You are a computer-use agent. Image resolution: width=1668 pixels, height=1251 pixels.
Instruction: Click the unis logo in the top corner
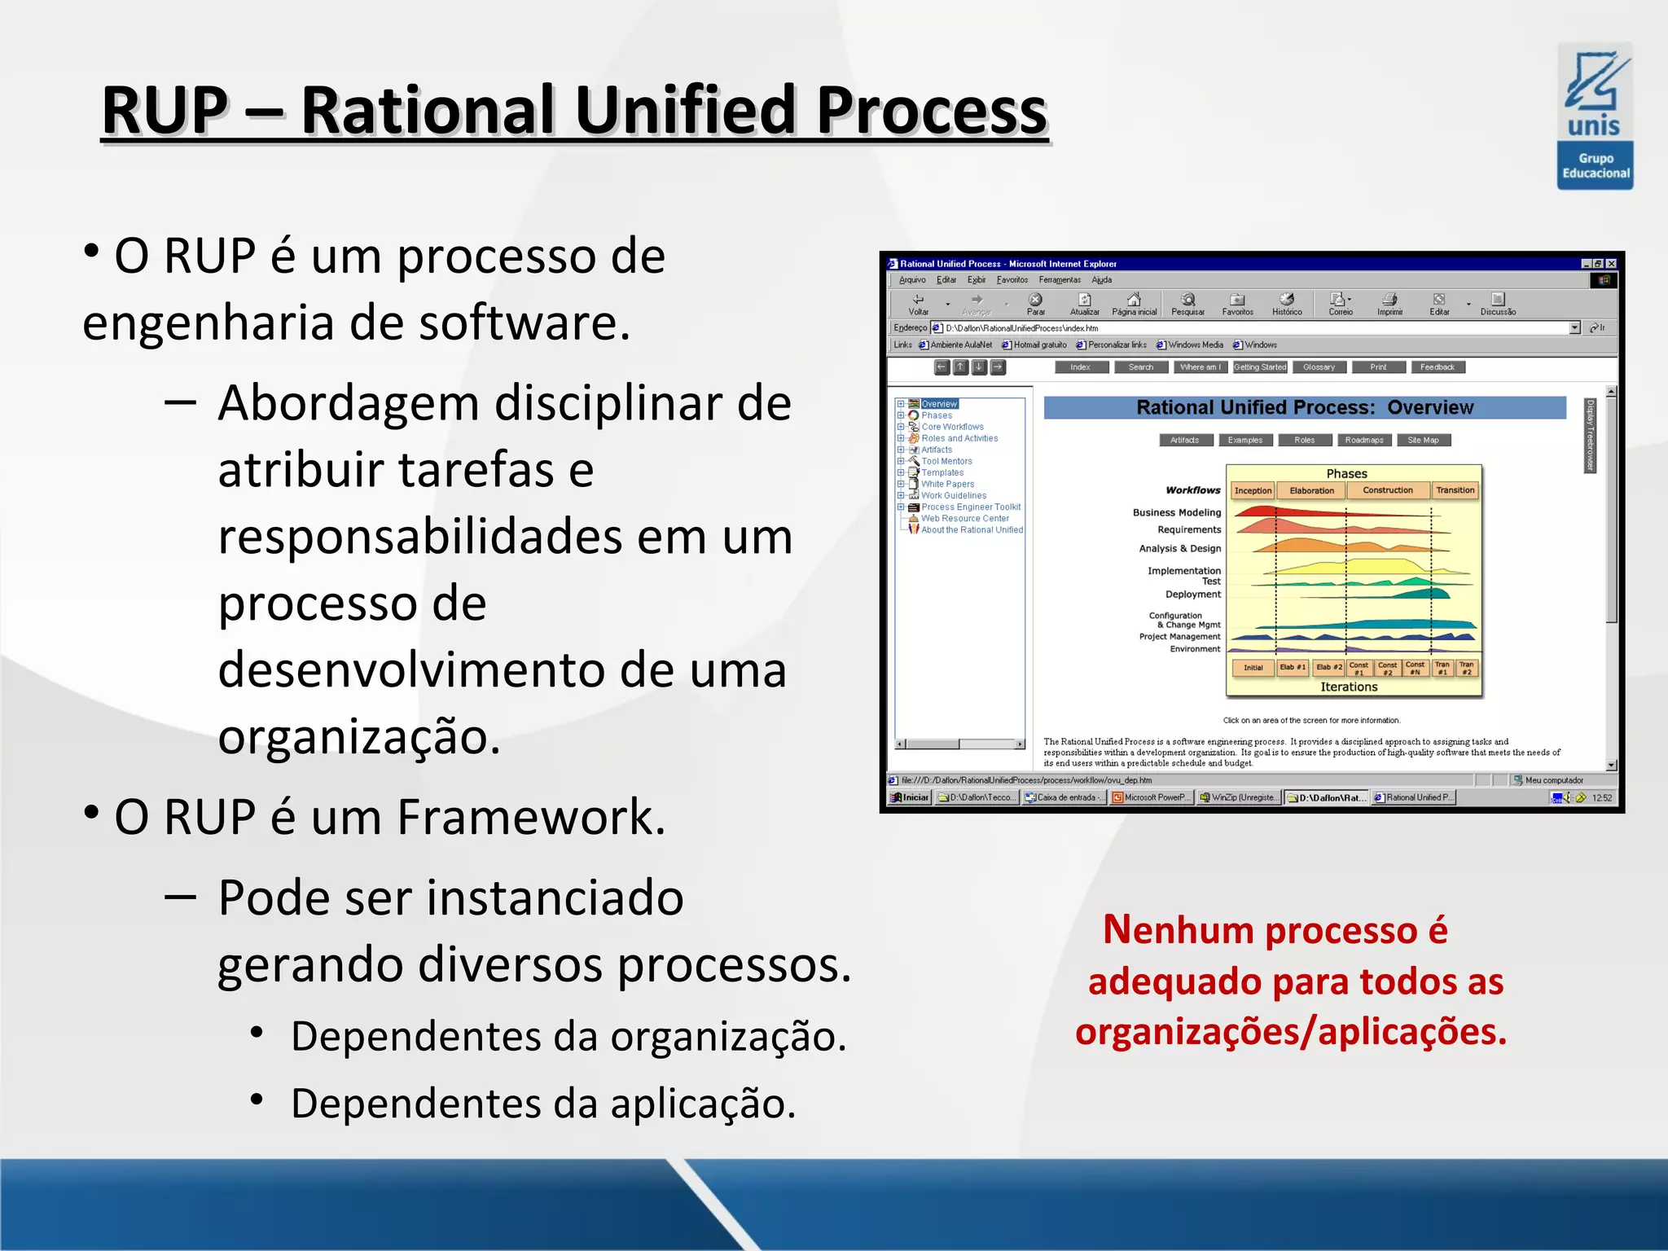(1595, 116)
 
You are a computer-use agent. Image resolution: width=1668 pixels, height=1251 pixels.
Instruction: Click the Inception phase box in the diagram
(1253, 490)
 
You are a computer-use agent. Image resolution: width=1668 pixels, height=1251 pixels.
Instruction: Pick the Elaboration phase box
(1311, 490)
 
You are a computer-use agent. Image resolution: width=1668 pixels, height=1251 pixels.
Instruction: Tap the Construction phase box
(1388, 490)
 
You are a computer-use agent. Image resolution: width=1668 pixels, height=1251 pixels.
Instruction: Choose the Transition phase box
(1455, 490)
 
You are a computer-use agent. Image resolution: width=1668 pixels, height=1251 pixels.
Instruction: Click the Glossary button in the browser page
(1319, 367)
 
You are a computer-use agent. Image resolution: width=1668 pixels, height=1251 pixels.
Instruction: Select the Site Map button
(1423, 441)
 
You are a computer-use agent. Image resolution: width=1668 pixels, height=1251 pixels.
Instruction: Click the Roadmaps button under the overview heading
(1364, 441)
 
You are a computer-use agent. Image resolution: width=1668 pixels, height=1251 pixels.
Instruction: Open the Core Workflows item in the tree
(952, 427)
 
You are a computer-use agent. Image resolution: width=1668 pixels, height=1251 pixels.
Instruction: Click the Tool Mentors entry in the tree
(946, 461)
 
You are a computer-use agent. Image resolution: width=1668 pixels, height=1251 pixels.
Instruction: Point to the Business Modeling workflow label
(1177, 512)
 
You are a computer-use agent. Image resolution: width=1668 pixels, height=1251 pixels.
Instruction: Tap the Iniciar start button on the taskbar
(911, 797)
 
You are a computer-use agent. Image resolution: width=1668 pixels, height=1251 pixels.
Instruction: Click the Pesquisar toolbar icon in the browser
(1187, 304)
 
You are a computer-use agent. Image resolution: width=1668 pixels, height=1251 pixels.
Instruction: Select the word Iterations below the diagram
(1349, 687)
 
